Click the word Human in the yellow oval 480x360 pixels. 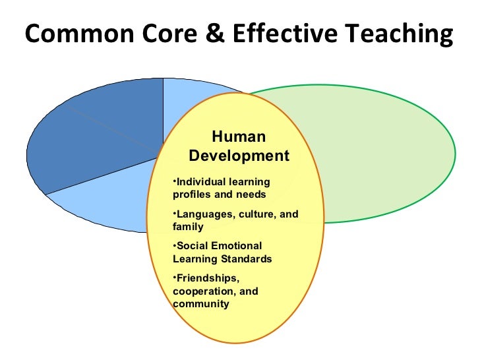click(239, 137)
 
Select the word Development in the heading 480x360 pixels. click(239, 156)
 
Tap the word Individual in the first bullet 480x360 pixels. click(200, 182)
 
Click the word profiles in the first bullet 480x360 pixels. click(192, 195)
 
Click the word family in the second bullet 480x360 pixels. click(187, 227)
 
